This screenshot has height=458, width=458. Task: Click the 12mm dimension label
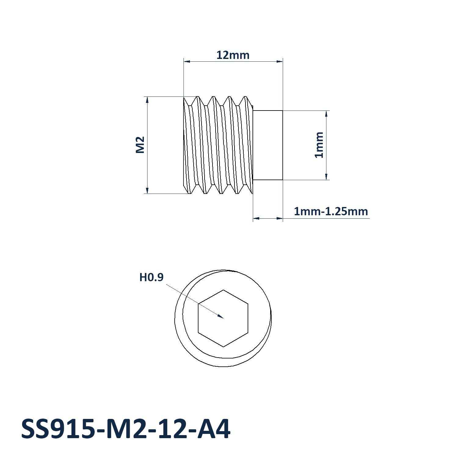click(x=233, y=55)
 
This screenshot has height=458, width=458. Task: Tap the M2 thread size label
click(x=140, y=145)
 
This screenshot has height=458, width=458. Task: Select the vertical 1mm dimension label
click(x=319, y=145)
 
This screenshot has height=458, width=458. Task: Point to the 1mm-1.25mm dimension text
click(x=331, y=211)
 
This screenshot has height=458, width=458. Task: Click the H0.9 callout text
click(x=151, y=277)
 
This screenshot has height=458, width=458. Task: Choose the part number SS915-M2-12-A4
click(x=126, y=429)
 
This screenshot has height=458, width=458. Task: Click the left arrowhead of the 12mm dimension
click(x=187, y=61)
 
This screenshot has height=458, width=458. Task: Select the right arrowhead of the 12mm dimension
click(x=279, y=61)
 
